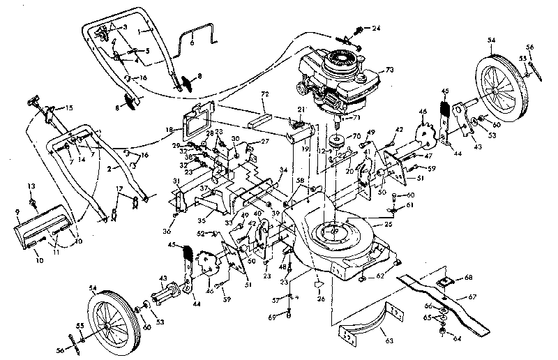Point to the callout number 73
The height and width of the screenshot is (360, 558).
[390, 70]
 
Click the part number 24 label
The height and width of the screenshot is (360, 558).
[377, 29]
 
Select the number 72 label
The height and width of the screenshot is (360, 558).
[264, 93]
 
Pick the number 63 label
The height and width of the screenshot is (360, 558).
[387, 343]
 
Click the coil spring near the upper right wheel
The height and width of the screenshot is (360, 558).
[444, 112]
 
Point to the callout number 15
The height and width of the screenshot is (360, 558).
[68, 107]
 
